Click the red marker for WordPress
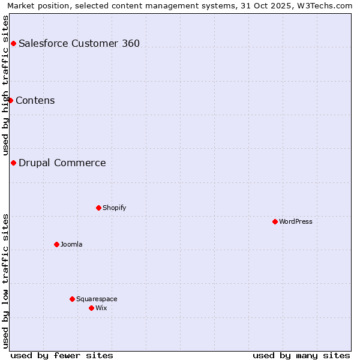pyautogui.click(x=275, y=221)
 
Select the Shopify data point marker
pyautogui.click(x=98, y=208)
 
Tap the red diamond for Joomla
pyautogui.click(x=56, y=244)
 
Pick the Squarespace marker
pyautogui.click(x=72, y=299)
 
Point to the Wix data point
pyautogui.click(x=91, y=308)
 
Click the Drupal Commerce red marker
pyautogui.click(x=13, y=163)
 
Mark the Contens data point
pyautogui.click(x=10, y=100)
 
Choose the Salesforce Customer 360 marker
pyautogui.click(x=13, y=43)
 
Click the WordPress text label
pyautogui.click(x=296, y=221)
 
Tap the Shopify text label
pyautogui.click(x=114, y=208)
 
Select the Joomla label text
pyautogui.click(x=71, y=244)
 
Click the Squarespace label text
pyautogui.click(x=97, y=299)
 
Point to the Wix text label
pyautogui.click(x=101, y=308)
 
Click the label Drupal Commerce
pyautogui.click(x=62, y=163)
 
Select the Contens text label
pyautogui.click(x=35, y=100)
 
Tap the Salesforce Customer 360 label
pyautogui.click(x=79, y=43)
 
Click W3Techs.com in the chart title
pyautogui.click(x=325, y=5)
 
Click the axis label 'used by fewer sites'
pyautogui.click(x=62, y=355)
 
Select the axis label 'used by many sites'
pyautogui.click(x=301, y=355)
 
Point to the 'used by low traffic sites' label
pyautogui.click(x=6, y=281)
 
